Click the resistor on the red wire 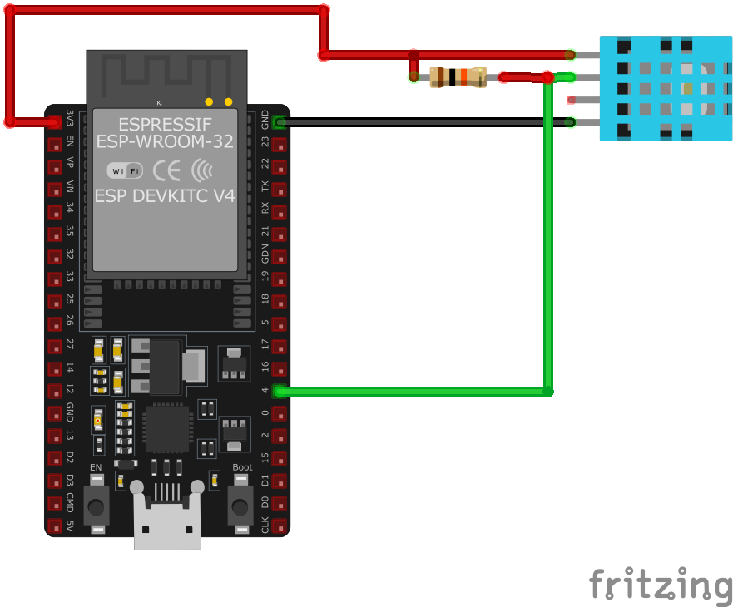point(458,77)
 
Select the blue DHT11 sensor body point(665,88)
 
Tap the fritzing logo point(661,584)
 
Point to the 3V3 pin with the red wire point(55,121)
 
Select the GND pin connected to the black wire point(280,122)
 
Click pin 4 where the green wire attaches point(280,391)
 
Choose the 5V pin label point(70,526)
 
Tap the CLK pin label point(265,526)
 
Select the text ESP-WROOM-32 point(166,141)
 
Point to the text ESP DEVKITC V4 point(165,196)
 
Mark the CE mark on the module point(166,170)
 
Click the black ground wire point(424,122)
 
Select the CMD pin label point(70,503)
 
